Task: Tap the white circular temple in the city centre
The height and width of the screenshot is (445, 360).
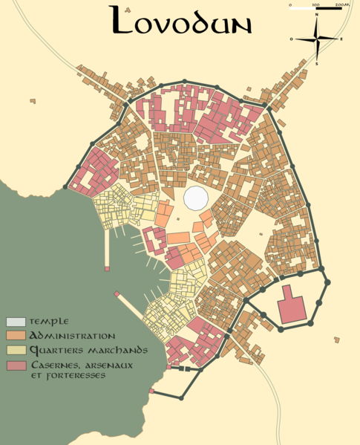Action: (x=196, y=198)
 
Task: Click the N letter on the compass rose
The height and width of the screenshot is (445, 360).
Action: (x=316, y=15)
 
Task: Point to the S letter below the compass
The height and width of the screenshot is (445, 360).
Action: (x=317, y=64)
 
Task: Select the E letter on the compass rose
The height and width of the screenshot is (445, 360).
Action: (x=341, y=39)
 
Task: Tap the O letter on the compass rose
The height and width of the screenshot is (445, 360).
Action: (x=292, y=39)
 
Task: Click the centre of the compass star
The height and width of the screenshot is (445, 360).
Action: (x=317, y=39)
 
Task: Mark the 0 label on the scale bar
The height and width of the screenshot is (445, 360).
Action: (x=289, y=4)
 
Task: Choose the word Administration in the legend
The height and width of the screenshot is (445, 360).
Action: (x=72, y=336)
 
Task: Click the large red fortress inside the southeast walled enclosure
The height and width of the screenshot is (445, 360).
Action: (x=292, y=307)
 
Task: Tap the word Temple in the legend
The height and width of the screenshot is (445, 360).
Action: (x=49, y=322)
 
